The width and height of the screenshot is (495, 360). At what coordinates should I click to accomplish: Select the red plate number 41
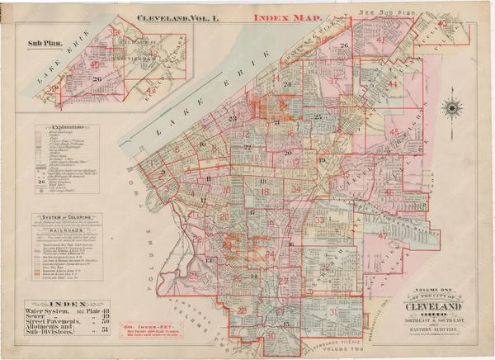[x=380, y=40]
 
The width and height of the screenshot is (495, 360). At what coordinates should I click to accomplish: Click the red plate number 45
[x=394, y=132]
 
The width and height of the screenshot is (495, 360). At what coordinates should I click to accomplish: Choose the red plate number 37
[x=333, y=81]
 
